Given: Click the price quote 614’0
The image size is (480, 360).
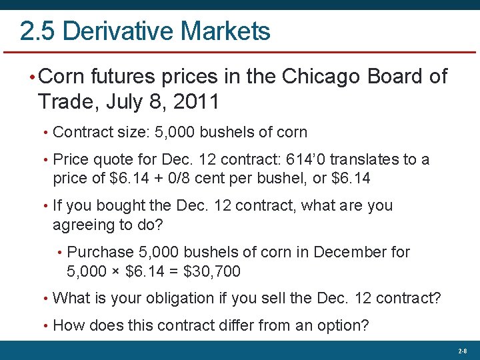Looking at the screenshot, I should click(x=304, y=160).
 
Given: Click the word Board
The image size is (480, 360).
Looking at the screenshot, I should click(x=398, y=77).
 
